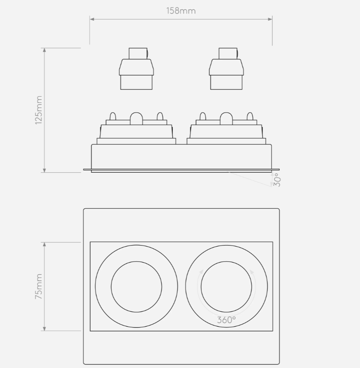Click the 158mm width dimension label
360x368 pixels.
(181, 11)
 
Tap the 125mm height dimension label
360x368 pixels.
(39, 110)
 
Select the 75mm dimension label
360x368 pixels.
(39, 286)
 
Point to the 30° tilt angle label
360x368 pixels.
(277, 180)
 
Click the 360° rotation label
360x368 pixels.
(226, 320)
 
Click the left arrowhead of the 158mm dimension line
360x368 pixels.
(92, 19)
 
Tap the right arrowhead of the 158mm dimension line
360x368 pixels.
(270, 19)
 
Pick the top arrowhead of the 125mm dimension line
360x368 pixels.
(45, 51)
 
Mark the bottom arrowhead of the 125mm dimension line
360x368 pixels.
(45, 170)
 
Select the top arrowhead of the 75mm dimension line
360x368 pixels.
(45, 245)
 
